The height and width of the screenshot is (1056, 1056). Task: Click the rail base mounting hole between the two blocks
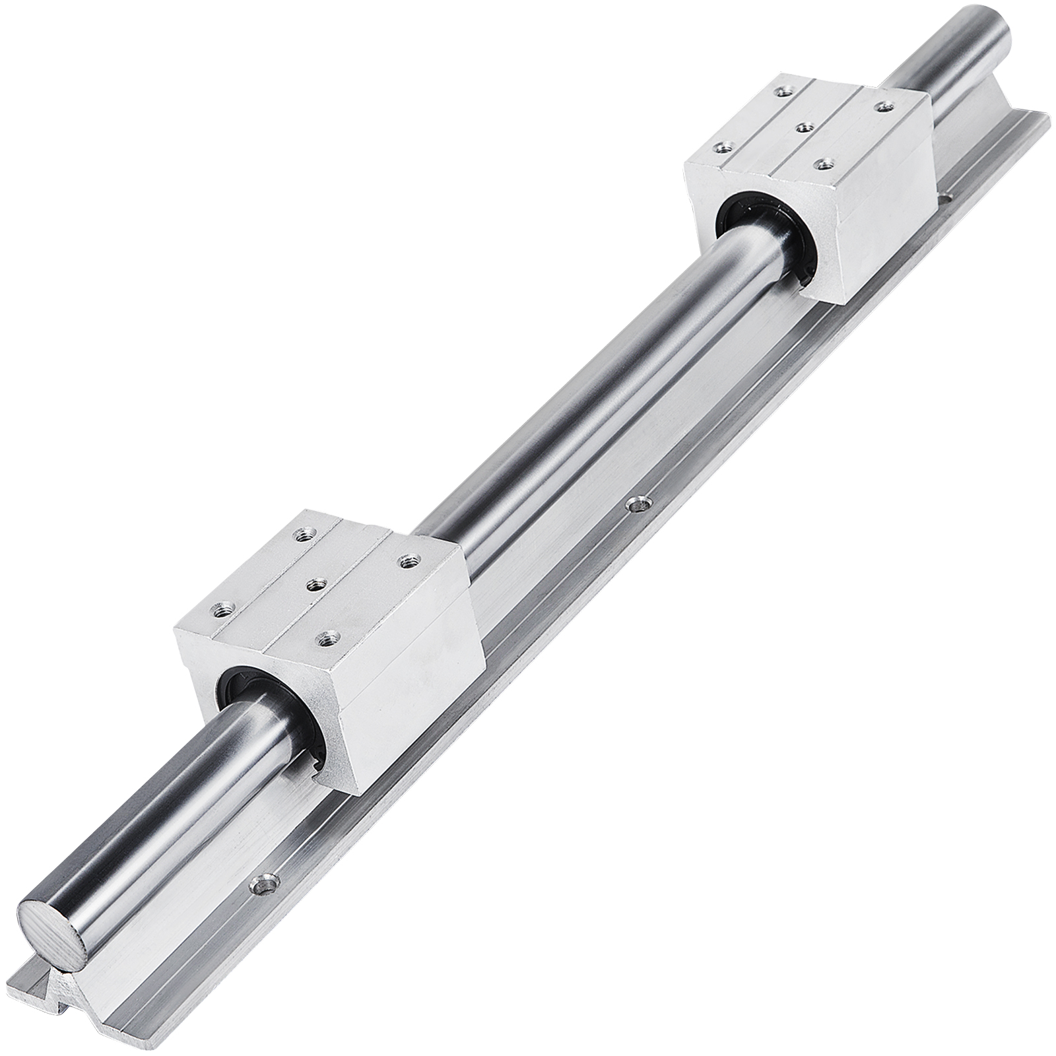pyautogui.click(x=636, y=504)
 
